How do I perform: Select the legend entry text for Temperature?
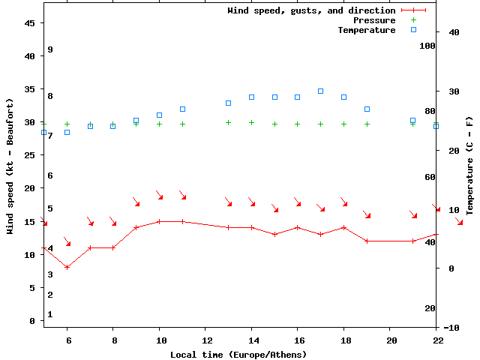[366, 30]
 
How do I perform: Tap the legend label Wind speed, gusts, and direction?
[311, 10]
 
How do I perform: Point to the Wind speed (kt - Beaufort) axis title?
[10, 166]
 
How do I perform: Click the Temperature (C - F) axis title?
[469, 166]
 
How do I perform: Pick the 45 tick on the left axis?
[30, 23]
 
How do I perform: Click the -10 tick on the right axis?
[451, 328]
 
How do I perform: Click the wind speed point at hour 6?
[67, 267]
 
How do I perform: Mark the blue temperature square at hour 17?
[321, 91]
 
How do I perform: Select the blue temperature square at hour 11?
[182, 109]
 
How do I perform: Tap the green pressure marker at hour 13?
[229, 122]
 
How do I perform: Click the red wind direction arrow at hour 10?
[159, 195]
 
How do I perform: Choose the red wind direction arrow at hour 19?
[367, 214]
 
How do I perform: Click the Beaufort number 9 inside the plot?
[49, 49]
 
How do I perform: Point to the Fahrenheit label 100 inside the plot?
[427, 46]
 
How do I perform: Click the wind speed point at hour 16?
[298, 227]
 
